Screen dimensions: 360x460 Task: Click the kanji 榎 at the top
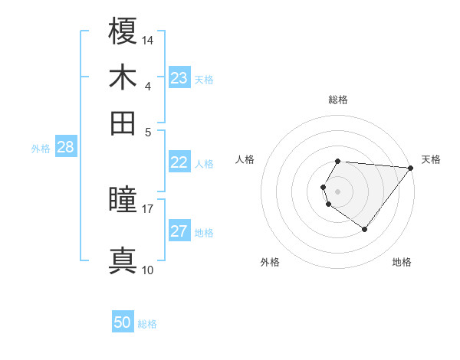click(123, 31)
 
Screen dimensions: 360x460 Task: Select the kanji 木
click(123, 77)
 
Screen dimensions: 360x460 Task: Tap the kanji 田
click(123, 123)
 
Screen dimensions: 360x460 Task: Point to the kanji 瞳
click(123, 201)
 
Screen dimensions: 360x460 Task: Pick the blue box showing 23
click(179, 78)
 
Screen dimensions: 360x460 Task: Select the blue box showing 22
click(179, 162)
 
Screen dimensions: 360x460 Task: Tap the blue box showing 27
click(179, 232)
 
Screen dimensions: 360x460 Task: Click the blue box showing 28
click(66, 148)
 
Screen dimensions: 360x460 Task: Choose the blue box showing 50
click(123, 323)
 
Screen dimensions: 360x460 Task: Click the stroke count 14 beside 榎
click(148, 40)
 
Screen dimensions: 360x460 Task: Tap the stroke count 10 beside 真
click(148, 270)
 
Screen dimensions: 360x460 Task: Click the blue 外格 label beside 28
click(40, 149)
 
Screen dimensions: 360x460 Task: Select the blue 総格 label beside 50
click(147, 324)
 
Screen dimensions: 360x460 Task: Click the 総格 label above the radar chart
click(337, 100)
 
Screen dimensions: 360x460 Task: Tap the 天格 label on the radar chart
click(431, 159)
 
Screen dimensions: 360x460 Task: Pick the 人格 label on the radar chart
click(245, 159)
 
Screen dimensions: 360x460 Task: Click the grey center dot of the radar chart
click(337, 191)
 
